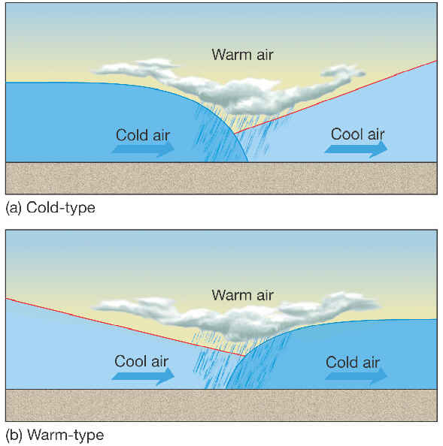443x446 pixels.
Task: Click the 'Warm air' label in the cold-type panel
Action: tap(242, 55)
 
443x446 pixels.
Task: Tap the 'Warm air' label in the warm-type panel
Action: tap(242, 295)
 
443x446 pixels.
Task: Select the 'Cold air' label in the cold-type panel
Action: tap(143, 135)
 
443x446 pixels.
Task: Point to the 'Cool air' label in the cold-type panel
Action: tap(357, 134)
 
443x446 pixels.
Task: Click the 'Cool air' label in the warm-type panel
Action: tap(141, 361)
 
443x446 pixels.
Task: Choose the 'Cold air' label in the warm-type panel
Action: tap(353, 363)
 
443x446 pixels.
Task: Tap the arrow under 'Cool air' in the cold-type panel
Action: tap(357, 149)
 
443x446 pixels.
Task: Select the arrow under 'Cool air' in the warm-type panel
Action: tap(143, 376)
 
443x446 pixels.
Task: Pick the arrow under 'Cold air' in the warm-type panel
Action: tap(357, 376)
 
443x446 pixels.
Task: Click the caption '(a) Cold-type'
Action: tap(50, 208)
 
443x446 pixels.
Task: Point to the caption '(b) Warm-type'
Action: tap(55, 435)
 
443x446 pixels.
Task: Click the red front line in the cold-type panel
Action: tap(335, 97)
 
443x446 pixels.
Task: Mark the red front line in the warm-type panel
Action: tap(126, 327)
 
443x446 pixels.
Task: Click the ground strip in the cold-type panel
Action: tap(221, 179)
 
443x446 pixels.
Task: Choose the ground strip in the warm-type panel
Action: tap(221, 405)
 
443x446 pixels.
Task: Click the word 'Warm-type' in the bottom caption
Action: tap(65, 435)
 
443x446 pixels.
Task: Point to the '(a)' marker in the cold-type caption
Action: tap(14, 208)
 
